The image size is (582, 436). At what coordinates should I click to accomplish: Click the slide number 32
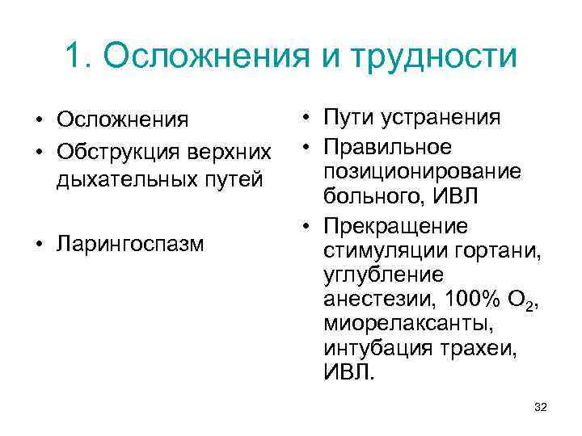click(541, 408)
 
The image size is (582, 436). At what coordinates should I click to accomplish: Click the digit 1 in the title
click(73, 56)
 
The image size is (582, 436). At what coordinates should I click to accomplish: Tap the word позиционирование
click(421, 171)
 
